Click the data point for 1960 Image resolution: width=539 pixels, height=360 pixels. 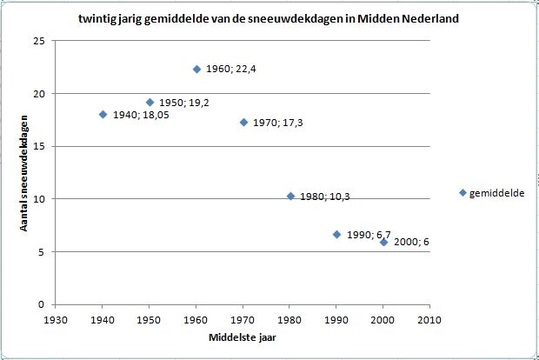click(x=196, y=70)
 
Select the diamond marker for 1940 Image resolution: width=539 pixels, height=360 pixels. click(x=103, y=115)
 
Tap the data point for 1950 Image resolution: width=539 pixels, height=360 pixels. click(x=150, y=102)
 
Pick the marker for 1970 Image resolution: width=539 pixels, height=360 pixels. click(x=243, y=122)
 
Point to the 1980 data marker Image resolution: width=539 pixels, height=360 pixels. click(x=291, y=196)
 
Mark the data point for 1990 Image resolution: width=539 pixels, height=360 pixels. click(x=337, y=235)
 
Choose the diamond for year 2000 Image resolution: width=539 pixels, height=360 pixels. click(x=384, y=243)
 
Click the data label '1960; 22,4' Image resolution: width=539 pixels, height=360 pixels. click(x=231, y=69)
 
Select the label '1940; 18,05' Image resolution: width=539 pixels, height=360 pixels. click(x=141, y=115)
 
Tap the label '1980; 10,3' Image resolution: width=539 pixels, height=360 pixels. click(x=325, y=197)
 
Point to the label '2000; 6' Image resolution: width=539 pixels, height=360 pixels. click(x=411, y=242)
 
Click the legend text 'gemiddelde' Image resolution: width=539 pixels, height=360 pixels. click(x=496, y=193)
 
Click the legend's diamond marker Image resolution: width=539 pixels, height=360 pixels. click(x=462, y=193)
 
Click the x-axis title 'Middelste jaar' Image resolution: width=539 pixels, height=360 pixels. click(x=243, y=337)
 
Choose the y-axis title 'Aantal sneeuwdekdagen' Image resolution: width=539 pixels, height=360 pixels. click(x=23, y=173)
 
